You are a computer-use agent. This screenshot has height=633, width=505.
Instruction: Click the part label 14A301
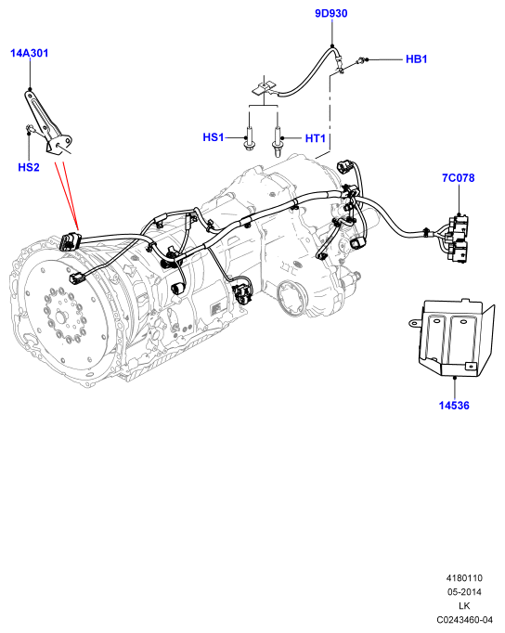[x=29, y=53]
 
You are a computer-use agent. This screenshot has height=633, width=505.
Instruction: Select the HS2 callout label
[x=29, y=167]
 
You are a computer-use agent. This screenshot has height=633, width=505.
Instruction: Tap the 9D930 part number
[x=331, y=13]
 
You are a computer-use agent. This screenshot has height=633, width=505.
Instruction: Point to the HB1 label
[x=416, y=59]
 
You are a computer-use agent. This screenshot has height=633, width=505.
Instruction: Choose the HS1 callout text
[x=214, y=137]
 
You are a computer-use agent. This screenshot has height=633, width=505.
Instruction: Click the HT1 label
[x=316, y=138]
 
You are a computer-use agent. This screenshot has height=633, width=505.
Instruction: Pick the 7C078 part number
[x=459, y=177]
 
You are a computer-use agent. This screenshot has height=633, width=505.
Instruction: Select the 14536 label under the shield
[x=454, y=406]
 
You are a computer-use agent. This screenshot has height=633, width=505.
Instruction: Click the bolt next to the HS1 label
[x=249, y=138]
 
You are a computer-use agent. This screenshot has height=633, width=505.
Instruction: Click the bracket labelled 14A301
[x=48, y=123]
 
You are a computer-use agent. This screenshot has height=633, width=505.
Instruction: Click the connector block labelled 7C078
[x=458, y=239]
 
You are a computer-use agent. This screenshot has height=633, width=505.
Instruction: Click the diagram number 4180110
[x=464, y=578]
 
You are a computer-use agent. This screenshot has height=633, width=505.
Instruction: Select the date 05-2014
[x=464, y=592]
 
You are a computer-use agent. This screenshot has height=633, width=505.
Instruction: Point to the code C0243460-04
[x=464, y=619]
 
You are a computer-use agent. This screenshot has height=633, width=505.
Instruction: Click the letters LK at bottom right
[x=464, y=605]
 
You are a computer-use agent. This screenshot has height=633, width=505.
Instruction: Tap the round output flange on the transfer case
[x=292, y=298]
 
